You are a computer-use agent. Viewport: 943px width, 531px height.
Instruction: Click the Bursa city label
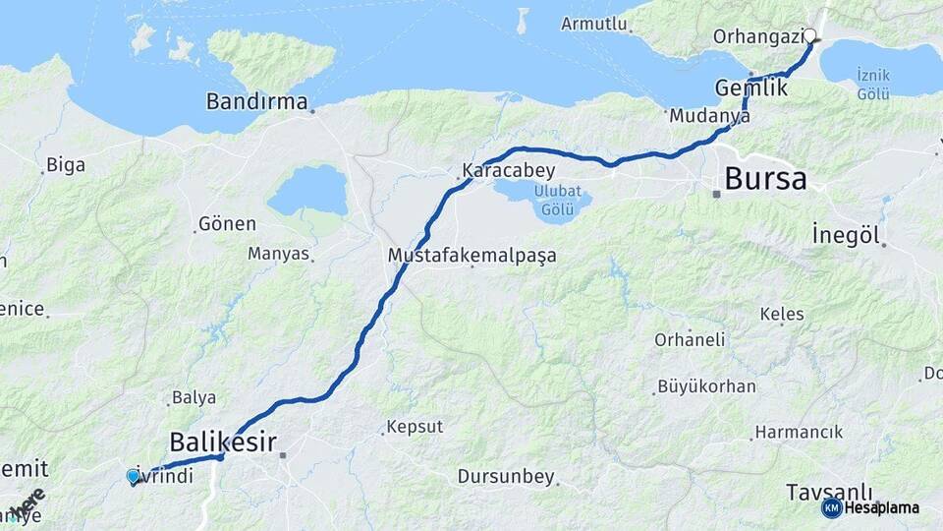point(765,179)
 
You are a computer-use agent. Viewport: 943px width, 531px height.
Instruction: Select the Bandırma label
point(256,101)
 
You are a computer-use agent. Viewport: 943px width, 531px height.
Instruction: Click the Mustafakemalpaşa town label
point(471,256)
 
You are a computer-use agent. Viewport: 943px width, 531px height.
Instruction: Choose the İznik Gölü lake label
point(872,84)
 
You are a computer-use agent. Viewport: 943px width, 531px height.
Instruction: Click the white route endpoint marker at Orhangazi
point(810,36)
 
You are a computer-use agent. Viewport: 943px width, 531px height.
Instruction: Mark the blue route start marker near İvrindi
point(133,476)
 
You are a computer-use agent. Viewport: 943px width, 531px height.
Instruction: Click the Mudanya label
point(709,115)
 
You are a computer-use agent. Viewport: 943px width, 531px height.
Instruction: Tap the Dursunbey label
point(506,477)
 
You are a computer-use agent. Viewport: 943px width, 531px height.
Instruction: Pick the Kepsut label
point(415,427)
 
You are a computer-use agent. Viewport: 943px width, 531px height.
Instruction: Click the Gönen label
point(227,223)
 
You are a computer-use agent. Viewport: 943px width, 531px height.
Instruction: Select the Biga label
point(66,164)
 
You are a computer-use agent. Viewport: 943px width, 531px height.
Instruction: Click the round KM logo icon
point(831,507)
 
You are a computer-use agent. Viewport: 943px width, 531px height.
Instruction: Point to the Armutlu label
point(594,24)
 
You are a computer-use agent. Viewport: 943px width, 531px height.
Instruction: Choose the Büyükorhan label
point(706,385)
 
